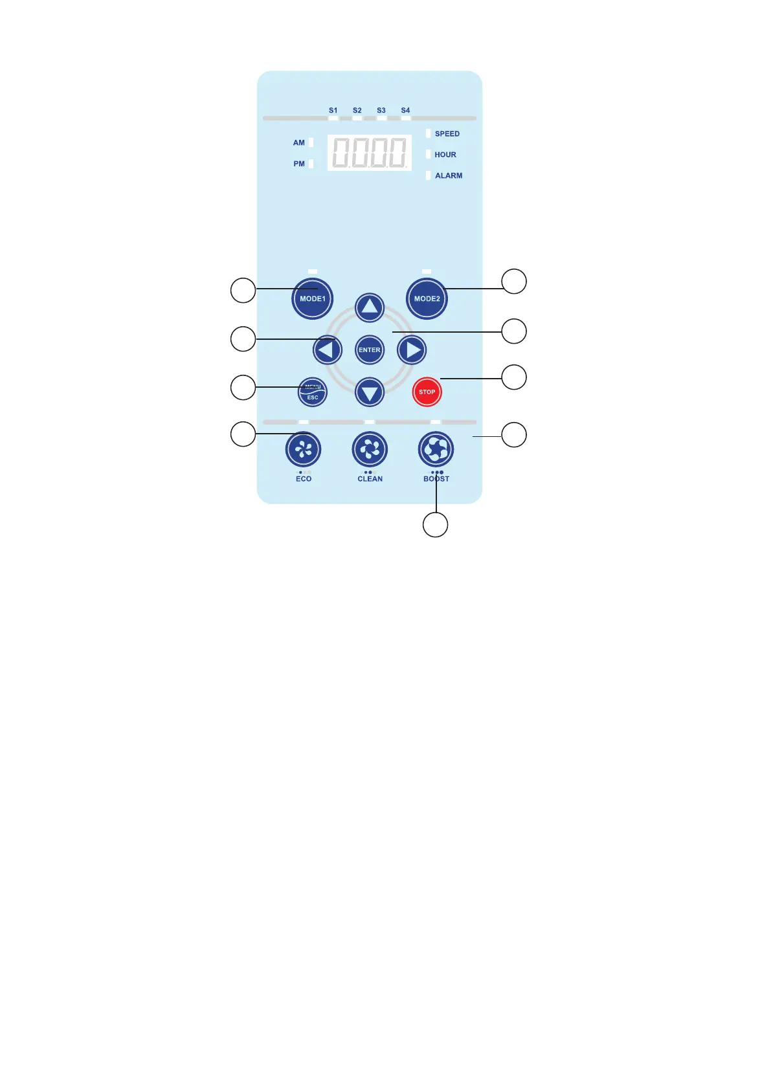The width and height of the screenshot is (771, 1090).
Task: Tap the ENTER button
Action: tap(370, 350)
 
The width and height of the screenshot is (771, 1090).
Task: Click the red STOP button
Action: tap(427, 392)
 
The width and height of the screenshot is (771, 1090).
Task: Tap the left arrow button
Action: tap(328, 350)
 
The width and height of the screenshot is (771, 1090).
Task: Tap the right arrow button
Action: tap(412, 350)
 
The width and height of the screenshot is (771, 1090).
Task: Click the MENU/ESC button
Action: tap(313, 392)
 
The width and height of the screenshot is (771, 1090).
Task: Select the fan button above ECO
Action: tap(303, 449)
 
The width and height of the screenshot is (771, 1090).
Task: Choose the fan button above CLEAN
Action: tap(370, 449)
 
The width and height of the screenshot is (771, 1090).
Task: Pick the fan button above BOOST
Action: tap(436, 449)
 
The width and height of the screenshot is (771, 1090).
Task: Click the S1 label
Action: tap(333, 111)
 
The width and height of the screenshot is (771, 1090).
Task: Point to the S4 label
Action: tap(405, 111)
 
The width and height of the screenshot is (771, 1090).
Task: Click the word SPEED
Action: tap(447, 134)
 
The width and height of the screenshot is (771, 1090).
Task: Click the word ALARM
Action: tap(448, 175)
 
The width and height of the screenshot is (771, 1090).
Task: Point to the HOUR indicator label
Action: tap(445, 155)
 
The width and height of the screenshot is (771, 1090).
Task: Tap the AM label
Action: tap(298, 143)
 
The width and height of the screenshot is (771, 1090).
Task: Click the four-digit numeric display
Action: tap(370, 153)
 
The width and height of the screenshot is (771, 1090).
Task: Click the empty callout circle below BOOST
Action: tap(435, 524)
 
